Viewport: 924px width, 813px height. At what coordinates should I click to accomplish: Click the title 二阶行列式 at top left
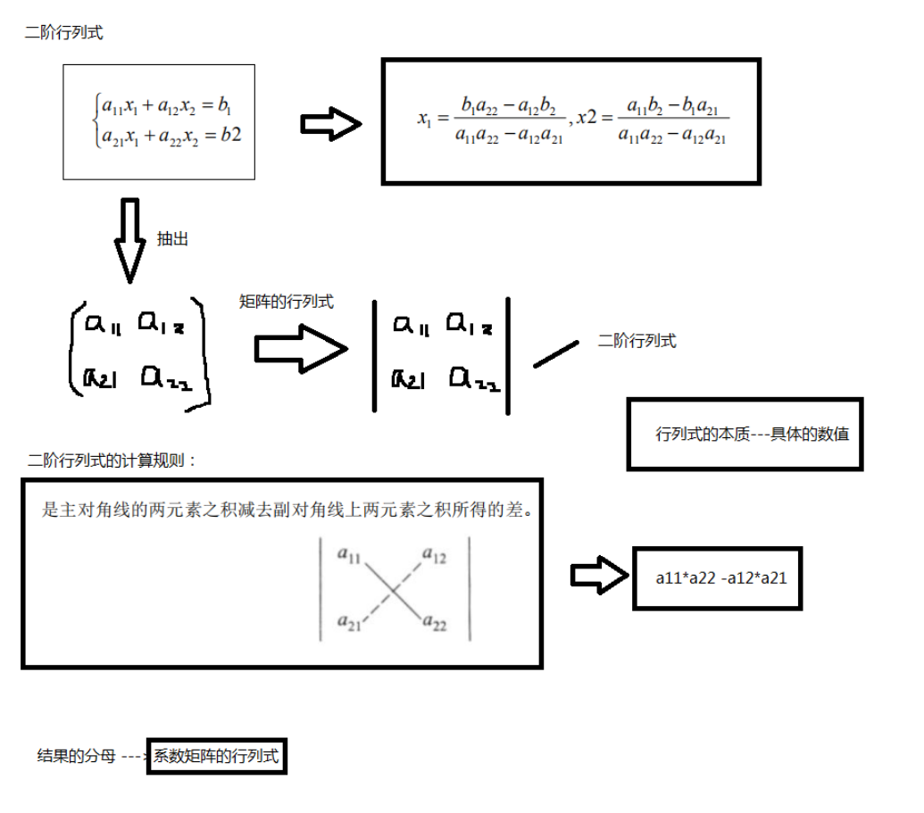pyautogui.click(x=63, y=34)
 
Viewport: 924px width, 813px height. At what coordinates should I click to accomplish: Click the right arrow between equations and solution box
pyautogui.click(x=330, y=123)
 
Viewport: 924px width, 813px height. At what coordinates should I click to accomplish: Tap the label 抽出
pyautogui.click(x=172, y=239)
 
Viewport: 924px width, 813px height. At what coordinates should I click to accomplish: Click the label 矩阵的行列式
pyautogui.click(x=287, y=302)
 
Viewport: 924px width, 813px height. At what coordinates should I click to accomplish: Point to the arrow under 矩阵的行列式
pyautogui.click(x=301, y=348)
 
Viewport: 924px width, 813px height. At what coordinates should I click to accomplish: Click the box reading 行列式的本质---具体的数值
pyautogui.click(x=745, y=434)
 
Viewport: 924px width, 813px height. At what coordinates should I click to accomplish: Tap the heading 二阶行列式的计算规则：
pyautogui.click(x=112, y=460)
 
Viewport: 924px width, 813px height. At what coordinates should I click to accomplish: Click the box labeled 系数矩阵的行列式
pyautogui.click(x=217, y=758)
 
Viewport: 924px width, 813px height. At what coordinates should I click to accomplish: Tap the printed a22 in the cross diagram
pyautogui.click(x=434, y=622)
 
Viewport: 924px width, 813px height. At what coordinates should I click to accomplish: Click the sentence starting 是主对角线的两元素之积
pyautogui.click(x=282, y=511)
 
